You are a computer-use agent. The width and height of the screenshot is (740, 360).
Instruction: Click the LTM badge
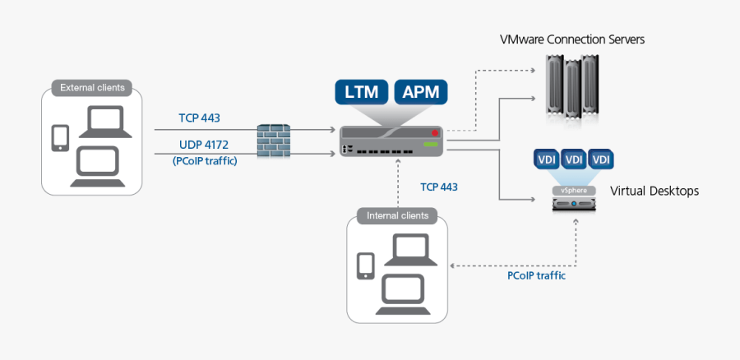click(x=363, y=92)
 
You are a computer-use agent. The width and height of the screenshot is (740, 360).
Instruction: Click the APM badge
click(x=421, y=92)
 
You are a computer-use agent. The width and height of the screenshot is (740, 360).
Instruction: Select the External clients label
click(x=92, y=87)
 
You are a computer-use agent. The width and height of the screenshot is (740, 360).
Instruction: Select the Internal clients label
click(x=398, y=216)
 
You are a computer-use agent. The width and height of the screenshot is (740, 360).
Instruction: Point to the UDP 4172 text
click(x=204, y=145)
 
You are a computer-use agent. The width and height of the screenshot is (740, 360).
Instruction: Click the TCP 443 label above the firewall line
click(x=199, y=118)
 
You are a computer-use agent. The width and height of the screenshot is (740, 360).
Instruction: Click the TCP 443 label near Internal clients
click(x=439, y=187)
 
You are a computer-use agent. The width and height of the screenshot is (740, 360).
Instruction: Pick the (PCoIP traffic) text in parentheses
click(x=205, y=161)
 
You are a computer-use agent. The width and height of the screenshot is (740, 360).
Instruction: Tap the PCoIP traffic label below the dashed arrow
click(x=536, y=275)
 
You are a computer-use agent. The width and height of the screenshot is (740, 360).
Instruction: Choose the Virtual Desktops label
click(x=654, y=191)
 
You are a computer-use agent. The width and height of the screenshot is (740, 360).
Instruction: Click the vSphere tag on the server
click(x=574, y=190)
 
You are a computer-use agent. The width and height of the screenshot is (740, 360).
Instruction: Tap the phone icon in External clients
click(x=60, y=137)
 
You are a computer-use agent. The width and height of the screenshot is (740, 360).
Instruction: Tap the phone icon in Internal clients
click(x=365, y=265)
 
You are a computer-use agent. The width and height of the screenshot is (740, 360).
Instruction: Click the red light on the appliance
click(x=435, y=132)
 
